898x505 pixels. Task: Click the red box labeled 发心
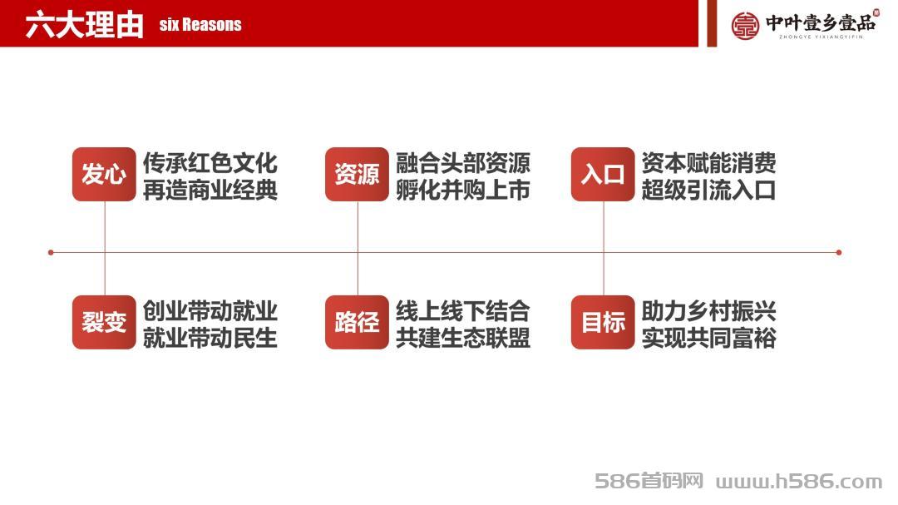104,174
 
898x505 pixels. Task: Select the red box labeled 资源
357,174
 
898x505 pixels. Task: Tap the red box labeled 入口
603,174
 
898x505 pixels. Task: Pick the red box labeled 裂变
104,322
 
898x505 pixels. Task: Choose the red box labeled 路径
357,322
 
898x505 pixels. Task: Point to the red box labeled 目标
603,322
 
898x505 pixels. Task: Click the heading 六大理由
84,25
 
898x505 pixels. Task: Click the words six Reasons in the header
200,25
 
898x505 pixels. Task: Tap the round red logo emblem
745,25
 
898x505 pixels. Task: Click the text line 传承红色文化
210,163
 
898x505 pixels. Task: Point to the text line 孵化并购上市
463,191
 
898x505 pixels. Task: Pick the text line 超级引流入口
708,191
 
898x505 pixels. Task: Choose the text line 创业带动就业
210,310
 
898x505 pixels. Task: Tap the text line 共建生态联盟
463,338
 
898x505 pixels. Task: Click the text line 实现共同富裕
708,338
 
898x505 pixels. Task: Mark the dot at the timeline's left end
51,252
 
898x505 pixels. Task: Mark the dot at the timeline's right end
838,252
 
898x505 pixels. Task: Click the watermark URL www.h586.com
799,482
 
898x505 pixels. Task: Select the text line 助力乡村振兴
708,310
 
